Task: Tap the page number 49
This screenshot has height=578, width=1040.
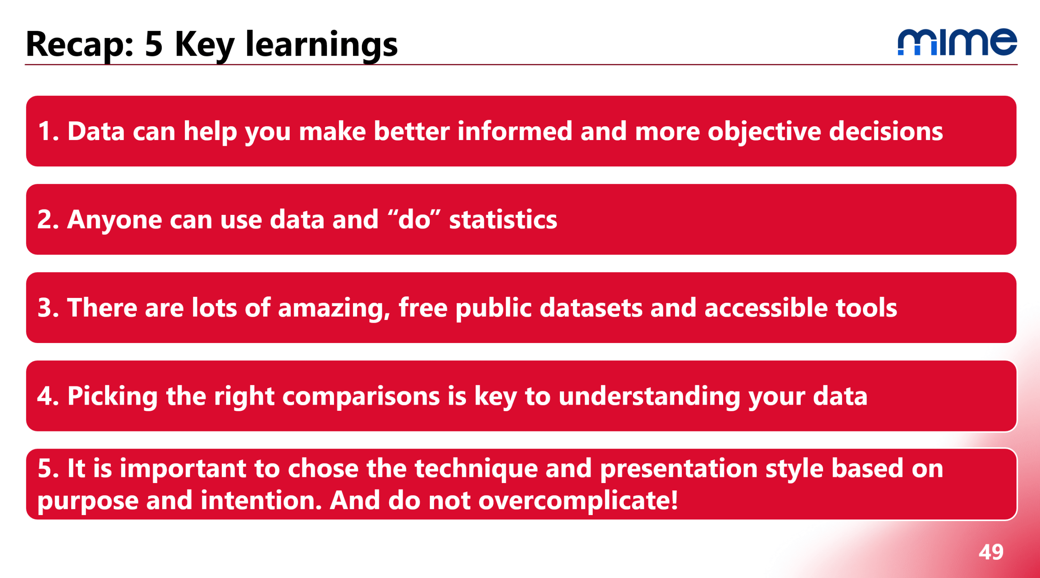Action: (991, 552)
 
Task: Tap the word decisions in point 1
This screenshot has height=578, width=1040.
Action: (886, 132)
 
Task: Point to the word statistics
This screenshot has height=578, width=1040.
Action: (503, 220)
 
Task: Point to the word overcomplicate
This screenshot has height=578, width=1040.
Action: (578, 501)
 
